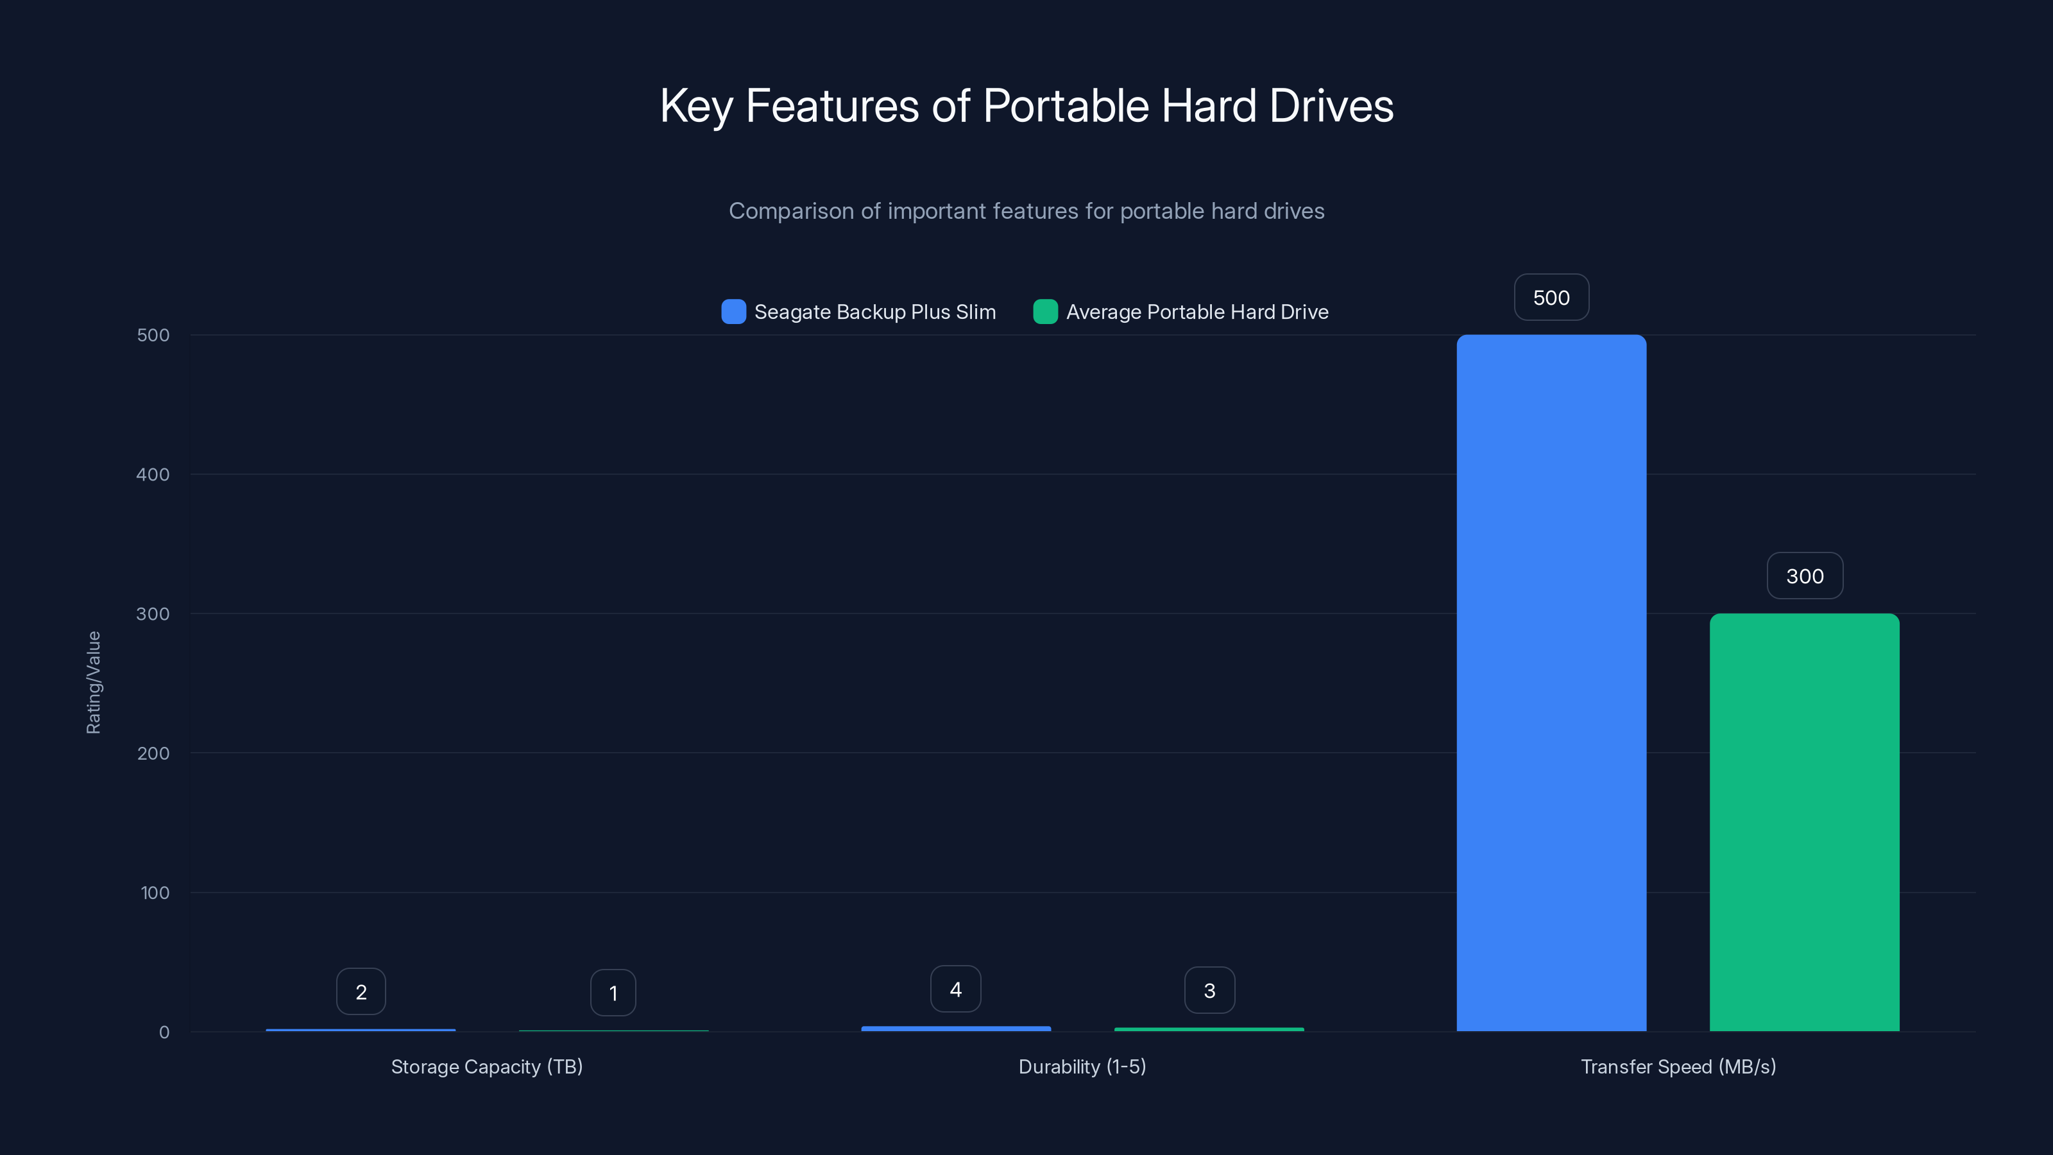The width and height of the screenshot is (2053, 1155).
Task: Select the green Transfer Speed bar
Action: point(1804,822)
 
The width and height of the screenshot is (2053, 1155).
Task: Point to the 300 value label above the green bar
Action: point(1804,576)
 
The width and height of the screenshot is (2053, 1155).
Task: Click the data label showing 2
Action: point(361,991)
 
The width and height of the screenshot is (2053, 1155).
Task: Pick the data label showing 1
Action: point(613,993)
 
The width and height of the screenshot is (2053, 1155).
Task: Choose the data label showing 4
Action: point(955,989)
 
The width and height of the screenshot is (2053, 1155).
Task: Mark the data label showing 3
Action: point(1209,990)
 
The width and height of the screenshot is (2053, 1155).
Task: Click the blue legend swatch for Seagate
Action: point(733,312)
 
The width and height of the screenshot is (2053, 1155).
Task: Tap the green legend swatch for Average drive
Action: point(1045,312)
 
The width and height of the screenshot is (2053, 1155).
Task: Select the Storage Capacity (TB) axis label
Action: point(487,1066)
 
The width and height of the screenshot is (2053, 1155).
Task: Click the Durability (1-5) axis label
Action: point(1082,1066)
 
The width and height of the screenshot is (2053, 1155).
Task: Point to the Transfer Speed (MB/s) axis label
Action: point(1678,1066)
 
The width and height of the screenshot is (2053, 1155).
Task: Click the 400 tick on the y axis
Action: point(153,474)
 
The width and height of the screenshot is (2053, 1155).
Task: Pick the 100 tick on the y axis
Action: point(155,893)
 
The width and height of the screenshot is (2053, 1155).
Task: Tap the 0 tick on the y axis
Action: point(164,1032)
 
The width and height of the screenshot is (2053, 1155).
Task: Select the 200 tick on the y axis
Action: point(153,753)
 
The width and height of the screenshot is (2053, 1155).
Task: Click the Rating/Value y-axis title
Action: point(93,682)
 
